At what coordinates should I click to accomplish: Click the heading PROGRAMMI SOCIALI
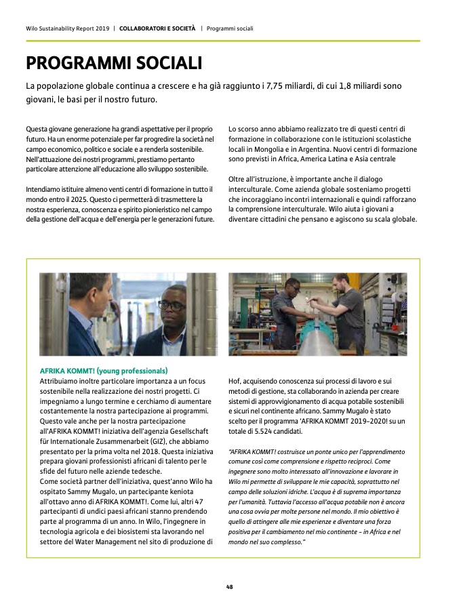click(114, 64)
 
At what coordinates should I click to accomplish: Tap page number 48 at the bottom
click(229, 587)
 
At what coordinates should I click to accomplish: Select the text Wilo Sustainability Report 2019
click(66, 28)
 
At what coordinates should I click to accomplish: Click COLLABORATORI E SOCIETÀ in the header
click(157, 28)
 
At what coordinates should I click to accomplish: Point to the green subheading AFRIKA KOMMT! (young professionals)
click(104, 371)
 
